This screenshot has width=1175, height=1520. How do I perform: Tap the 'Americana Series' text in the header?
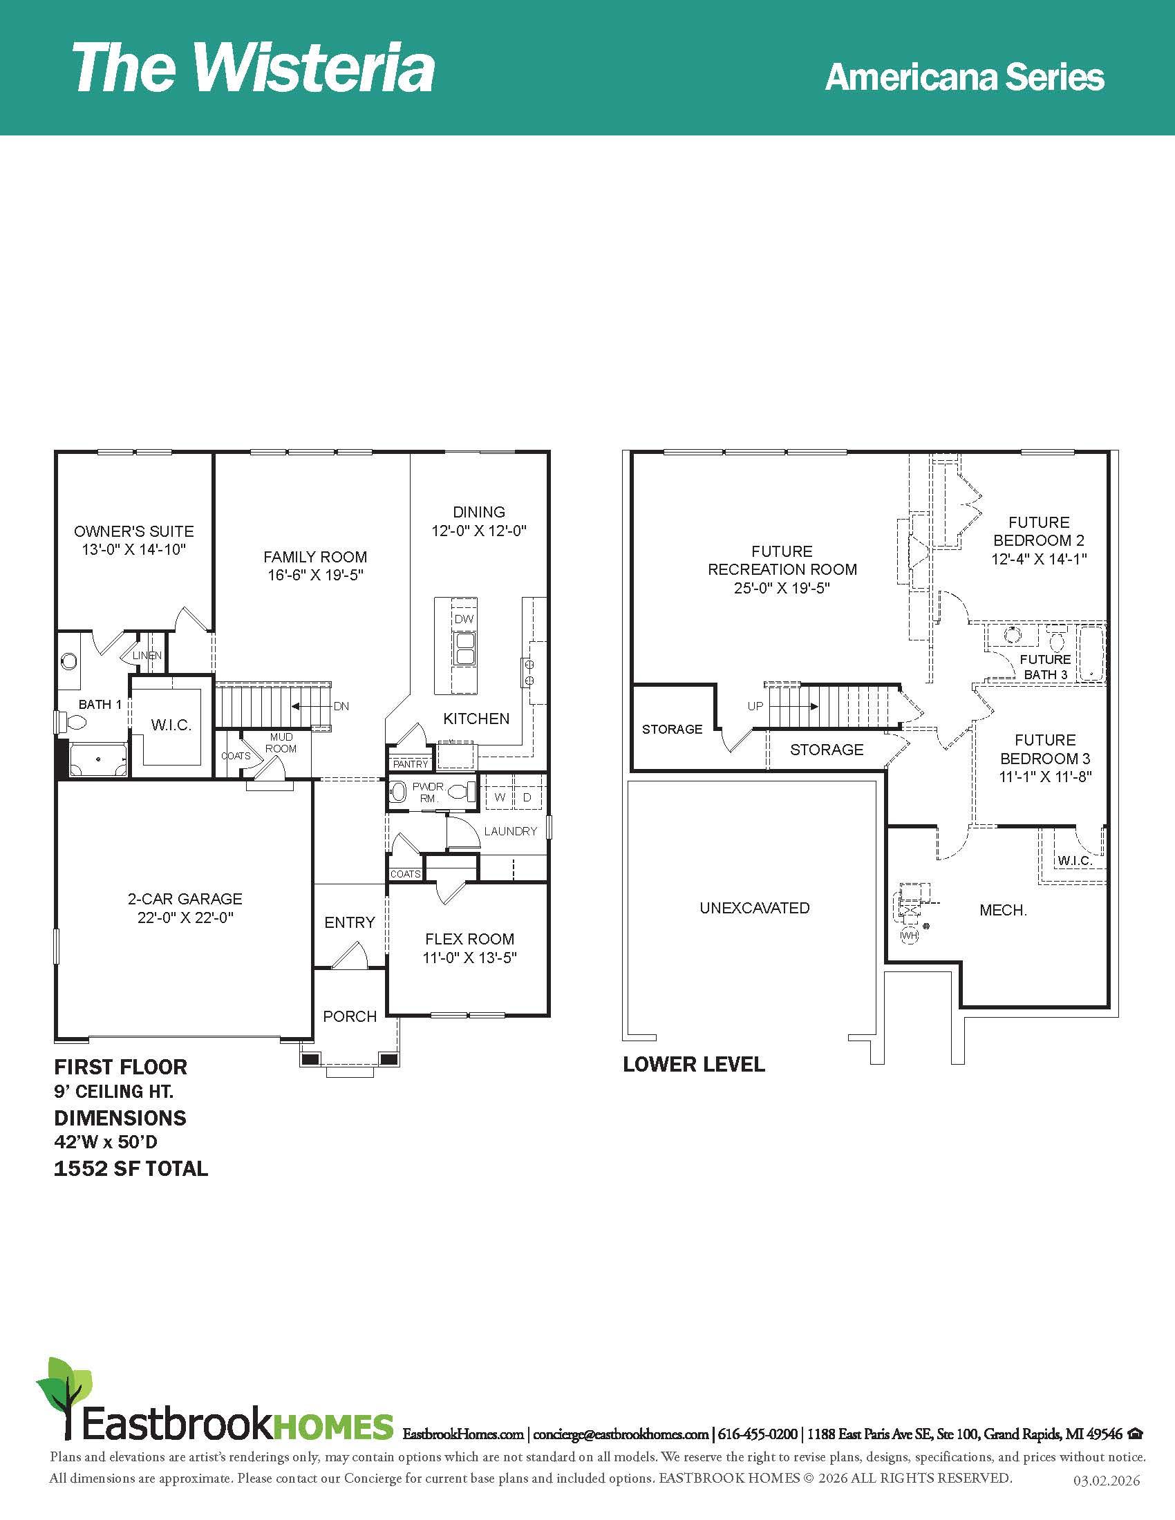click(964, 77)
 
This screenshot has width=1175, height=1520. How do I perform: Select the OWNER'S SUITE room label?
click(134, 531)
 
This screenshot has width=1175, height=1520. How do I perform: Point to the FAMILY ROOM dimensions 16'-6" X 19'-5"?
click(315, 575)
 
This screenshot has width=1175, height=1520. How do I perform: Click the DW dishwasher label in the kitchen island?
click(464, 620)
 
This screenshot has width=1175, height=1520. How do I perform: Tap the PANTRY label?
click(411, 763)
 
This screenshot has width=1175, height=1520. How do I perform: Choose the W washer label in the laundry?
click(500, 797)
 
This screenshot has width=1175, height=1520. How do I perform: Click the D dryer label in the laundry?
click(527, 797)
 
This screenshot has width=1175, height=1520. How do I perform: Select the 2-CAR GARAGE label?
click(185, 898)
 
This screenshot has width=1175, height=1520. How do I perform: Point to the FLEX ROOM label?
click(470, 939)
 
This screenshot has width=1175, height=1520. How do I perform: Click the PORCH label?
click(350, 1016)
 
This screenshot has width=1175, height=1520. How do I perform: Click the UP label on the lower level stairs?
click(755, 705)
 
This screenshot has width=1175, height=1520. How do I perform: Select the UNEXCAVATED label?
click(755, 908)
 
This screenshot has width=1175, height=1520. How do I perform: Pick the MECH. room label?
click(1003, 910)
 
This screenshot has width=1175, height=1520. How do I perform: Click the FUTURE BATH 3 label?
click(1045, 667)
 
